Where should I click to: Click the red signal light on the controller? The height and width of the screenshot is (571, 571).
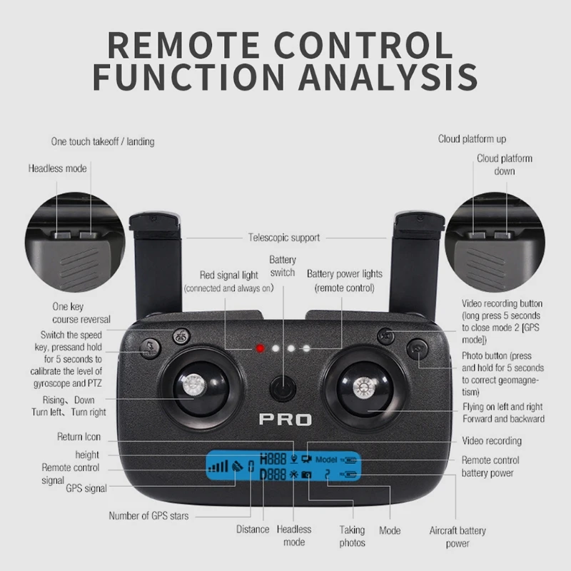pos(261,349)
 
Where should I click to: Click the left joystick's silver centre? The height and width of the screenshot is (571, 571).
pos(191,387)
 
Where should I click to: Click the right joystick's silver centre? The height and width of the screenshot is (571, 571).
pos(363,387)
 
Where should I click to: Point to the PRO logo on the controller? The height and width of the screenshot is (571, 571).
pos(285,419)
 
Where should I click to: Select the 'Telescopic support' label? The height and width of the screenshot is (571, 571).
pos(283,238)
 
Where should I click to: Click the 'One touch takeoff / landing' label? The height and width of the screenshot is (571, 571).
pos(102,141)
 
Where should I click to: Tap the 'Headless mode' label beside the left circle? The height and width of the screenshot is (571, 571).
pos(57,168)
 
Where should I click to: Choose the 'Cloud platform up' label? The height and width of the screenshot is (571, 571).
pos(472,139)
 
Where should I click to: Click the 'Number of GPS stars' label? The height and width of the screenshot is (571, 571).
pos(148,515)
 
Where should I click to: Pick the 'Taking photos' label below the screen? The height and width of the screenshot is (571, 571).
pos(352,536)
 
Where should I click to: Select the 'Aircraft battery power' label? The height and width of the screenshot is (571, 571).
pos(458,537)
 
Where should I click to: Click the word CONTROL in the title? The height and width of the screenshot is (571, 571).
pos(354,44)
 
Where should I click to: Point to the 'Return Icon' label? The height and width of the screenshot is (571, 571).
pos(79,437)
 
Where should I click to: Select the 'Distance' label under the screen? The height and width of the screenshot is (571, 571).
pos(253,530)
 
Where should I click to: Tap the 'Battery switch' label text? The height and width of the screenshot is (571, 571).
pos(282,267)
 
